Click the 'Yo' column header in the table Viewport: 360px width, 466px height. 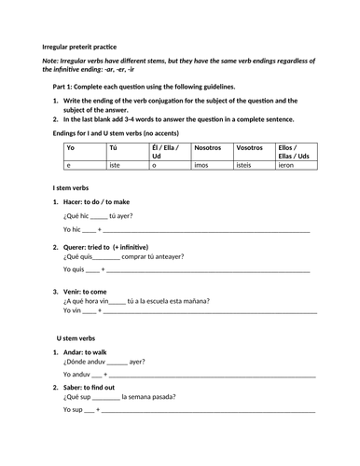70,147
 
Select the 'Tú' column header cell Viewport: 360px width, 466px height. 113,147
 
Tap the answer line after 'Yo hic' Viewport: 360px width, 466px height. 205,228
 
